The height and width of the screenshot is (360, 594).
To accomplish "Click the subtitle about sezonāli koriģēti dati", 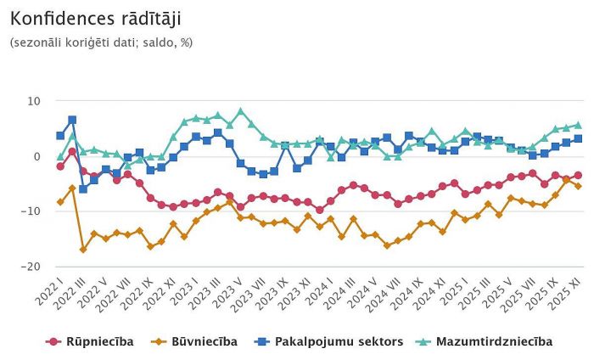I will pos(101,42).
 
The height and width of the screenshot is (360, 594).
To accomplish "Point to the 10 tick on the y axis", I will pos(34,101).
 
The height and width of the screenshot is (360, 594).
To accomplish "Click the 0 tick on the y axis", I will pos(37,156).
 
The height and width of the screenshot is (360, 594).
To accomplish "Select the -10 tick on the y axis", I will pos(31,211).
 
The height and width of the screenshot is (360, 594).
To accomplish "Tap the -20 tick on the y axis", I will pos(31,267).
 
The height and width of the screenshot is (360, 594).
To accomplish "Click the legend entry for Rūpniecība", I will pos(90,341).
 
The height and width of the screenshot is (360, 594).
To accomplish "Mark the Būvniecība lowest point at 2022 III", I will pos(83,250).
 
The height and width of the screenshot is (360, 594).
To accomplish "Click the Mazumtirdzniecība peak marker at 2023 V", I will pos(241,111).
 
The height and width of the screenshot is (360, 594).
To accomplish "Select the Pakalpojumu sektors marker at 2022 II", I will pos(72,120).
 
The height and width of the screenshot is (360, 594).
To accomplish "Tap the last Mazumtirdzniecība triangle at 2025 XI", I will pos(578,125).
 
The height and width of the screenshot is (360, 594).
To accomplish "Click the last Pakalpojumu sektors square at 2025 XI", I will pos(578,138).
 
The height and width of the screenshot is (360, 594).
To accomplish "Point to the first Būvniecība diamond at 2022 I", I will pos(60,202).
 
